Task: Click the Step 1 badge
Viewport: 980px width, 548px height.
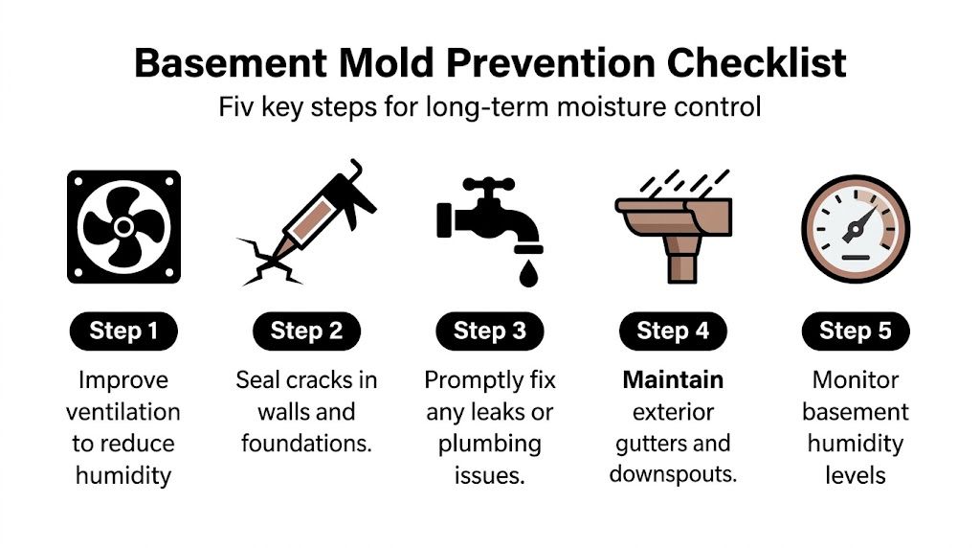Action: pyautogui.click(x=123, y=331)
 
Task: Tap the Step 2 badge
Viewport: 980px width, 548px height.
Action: pyautogui.click(x=306, y=331)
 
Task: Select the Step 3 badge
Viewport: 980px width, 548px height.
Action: pyautogui.click(x=490, y=331)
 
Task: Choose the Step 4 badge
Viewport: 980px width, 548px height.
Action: pyautogui.click(x=673, y=331)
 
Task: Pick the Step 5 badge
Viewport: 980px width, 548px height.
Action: pyautogui.click(x=855, y=331)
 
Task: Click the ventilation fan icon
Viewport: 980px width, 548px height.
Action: pyautogui.click(x=123, y=227)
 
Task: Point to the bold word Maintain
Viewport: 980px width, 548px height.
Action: pyautogui.click(x=673, y=380)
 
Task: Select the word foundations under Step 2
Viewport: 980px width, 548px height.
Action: pyautogui.click(x=306, y=444)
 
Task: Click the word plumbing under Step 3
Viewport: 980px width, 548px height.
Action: pyautogui.click(x=490, y=444)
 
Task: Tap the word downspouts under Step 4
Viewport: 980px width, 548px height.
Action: pyautogui.click(x=673, y=474)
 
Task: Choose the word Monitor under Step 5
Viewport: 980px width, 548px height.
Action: pyautogui.click(x=855, y=380)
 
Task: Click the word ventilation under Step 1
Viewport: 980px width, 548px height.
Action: pyautogui.click(x=123, y=412)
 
